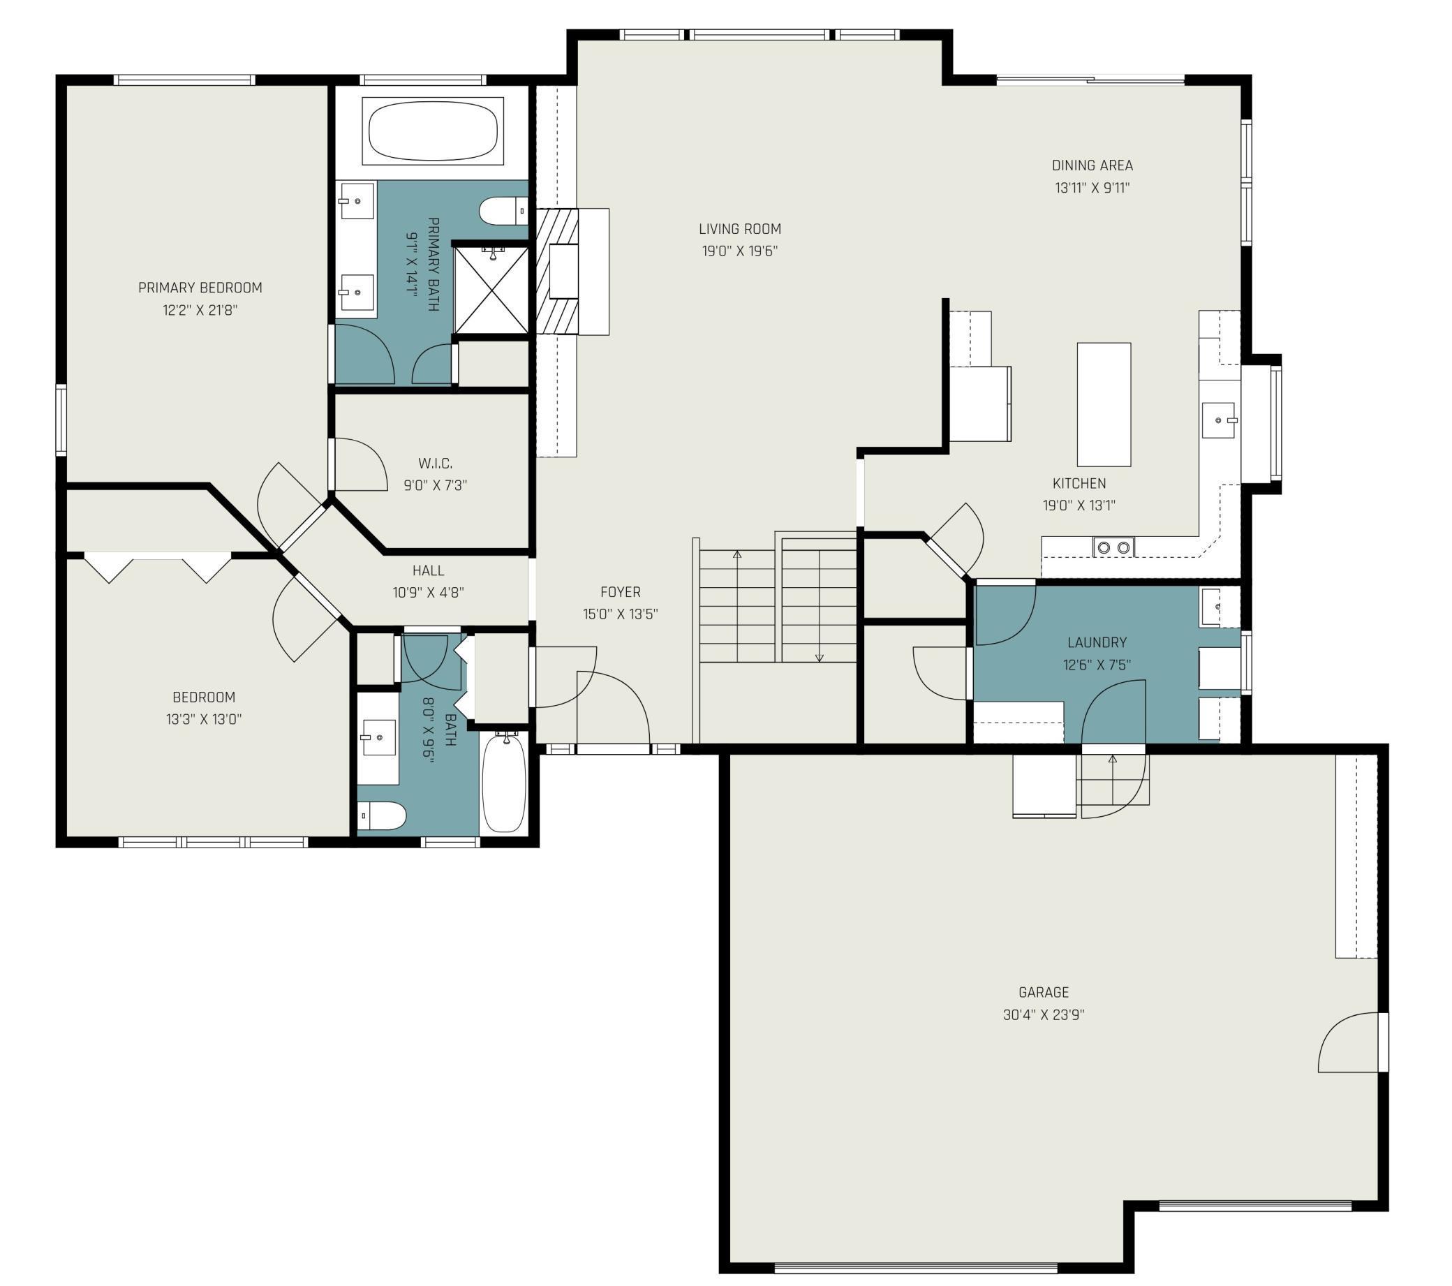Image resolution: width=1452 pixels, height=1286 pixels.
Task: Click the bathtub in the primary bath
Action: [x=433, y=131]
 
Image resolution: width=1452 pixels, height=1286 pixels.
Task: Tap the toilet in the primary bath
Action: [x=503, y=211]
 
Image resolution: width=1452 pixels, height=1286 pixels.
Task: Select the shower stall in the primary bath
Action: [x=491, y=290]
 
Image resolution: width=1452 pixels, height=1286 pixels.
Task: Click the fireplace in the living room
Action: [x=572, y=271]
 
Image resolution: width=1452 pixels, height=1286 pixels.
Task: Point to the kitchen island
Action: [x=1104, y=404]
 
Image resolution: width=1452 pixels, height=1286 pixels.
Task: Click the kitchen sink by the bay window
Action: [x=1219, y=420]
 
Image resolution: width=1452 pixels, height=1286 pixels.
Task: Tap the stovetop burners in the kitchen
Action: [x=1113, y=547]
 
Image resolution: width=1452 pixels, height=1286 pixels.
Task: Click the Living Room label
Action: [x=739, y=229]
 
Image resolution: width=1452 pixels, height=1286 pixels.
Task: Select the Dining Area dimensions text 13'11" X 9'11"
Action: [x=1092, y=189]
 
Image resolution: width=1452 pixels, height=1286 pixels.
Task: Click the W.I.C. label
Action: [x=435, y=464]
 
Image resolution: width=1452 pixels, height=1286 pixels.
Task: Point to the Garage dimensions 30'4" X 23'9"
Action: [x=1044, y=1014]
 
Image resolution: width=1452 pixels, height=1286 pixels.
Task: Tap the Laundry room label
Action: [x=1097, y=642]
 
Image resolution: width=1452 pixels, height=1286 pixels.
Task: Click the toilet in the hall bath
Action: [x=380, y=815]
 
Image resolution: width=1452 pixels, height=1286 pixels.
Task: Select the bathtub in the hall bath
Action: [x=503, y=784]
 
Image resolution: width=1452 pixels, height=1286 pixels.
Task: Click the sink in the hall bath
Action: [x=378, y=738]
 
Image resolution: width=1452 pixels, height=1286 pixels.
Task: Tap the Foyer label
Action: [x=620, y=592]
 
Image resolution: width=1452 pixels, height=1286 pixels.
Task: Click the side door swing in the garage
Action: [x=1349, y=1042]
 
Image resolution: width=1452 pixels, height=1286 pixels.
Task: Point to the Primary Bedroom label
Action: [x=200, y=288]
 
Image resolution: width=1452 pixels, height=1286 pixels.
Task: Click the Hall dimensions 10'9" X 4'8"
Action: [x=429, y=593]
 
